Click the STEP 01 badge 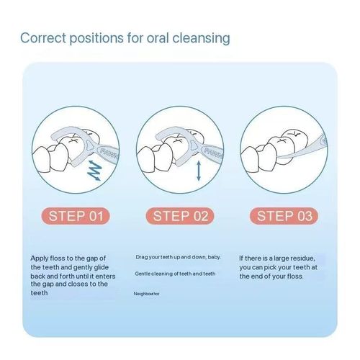click(x=76, y=216)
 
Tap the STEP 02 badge click(x=180, y=216)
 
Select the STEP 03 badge click(x=284, y=216)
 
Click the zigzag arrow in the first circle click(x=94, y=170)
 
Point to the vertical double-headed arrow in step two click(x=199, y=171)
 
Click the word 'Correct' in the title click(x=43, y=38)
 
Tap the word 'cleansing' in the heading click(x=201, y=38)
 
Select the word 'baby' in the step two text click(x=214, y=257)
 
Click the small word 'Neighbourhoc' click(x=146, y=294)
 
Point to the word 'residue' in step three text click(x=302, y=258)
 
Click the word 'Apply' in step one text click(x=40, y=258)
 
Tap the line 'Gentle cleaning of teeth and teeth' click(x=175, y=274)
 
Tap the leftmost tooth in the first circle click(x=41, y=160)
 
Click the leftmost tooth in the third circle click(x=250, y=160)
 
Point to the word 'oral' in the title click(x=158, y=38)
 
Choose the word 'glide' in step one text click(x=100, y=268)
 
